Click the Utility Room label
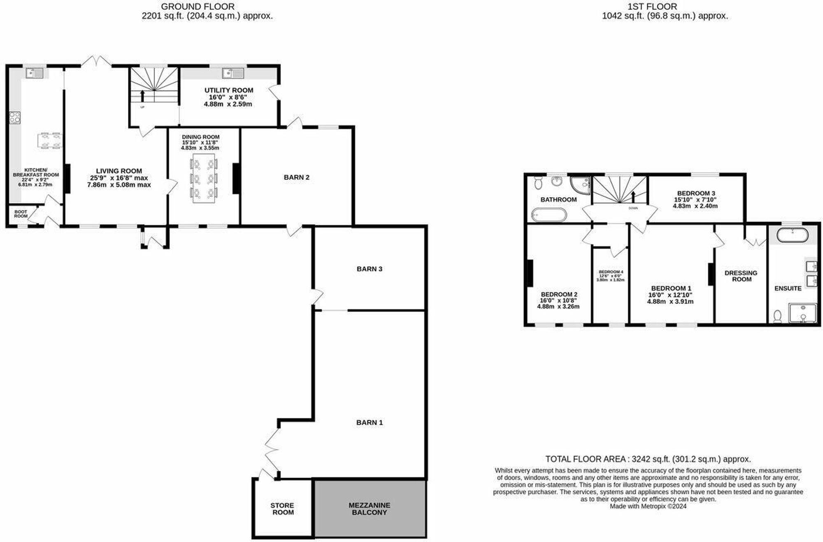229,90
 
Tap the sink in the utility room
232,74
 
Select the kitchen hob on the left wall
15,118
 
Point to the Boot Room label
21,214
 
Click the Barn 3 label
369,269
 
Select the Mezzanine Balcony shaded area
370,509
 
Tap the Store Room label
282,509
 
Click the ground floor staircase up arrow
142,96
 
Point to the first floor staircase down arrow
634,196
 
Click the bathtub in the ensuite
792,235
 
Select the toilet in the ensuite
777,316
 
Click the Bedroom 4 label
611,272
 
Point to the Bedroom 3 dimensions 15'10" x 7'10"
695,200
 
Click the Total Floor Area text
648,459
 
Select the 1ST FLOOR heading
652,7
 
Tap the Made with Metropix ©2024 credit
648,506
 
